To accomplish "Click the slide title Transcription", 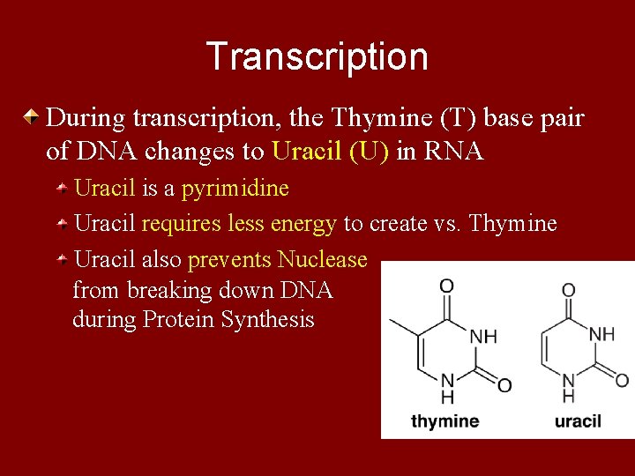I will pyautogui.click(x=317, y=56).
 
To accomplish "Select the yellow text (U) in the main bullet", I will pyautogui.click(x=370, y=152).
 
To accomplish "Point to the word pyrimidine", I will pyautogui.click(x=235, y=189).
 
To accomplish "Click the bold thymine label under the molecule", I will pyautogui.click(x=444, y=421).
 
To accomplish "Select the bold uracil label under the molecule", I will pyautogui.click(x=578, y=421).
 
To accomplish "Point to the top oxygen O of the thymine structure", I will pyautogui.click(x=447, y=285).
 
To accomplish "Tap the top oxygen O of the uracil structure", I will pyautogui.click(x=569, y=289).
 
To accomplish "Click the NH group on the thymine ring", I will pyautogui.click(x=482, y=336).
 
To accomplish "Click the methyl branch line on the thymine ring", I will pyautogui.click(x=403, y=325).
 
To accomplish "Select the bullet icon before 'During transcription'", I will pyautogui.click(x=31, y=117).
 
